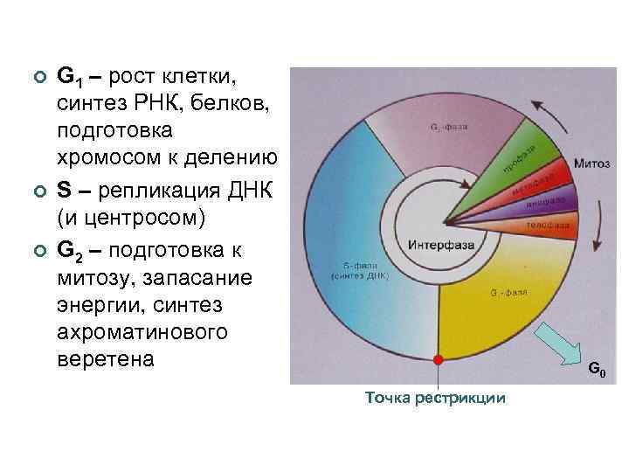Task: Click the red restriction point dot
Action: pos(439,359)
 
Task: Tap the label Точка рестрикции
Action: pos(435,399)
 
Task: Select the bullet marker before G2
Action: pos(36,251)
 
